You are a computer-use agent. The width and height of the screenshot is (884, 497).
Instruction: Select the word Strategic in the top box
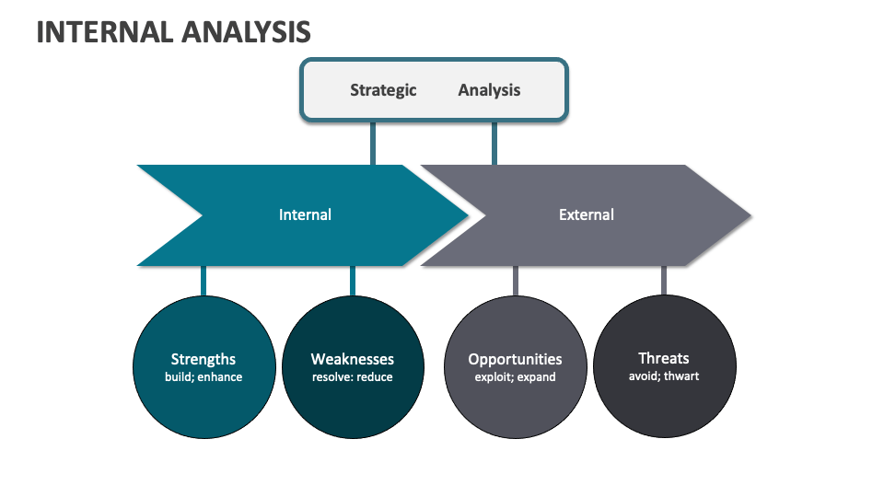[383, 90]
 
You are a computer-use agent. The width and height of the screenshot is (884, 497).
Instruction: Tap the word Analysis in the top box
[489, 90]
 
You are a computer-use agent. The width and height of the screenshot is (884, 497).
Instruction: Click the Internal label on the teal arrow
[305, 214]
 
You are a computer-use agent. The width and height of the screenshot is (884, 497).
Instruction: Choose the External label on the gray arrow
[586, 214]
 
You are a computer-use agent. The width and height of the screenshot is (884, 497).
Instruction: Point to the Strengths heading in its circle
[204, 359]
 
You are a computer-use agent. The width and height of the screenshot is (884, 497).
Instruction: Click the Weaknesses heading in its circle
[352, 359]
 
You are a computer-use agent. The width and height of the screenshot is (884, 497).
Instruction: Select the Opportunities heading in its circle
[515, 359]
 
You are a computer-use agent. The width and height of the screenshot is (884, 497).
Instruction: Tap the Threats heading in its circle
[663, 358]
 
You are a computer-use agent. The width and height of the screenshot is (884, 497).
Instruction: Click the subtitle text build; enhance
[204, 377]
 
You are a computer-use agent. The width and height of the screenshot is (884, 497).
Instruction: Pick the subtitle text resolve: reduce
[352, 377]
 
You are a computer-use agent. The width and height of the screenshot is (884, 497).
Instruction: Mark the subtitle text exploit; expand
[515, 377]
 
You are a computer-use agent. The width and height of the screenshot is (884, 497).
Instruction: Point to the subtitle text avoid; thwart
[663, 376]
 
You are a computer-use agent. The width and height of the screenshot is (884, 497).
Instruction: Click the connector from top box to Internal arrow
[373, 143]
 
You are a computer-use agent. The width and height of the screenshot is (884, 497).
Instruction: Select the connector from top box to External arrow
[494, 143]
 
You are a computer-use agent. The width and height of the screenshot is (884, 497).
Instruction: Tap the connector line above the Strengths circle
[204, 281]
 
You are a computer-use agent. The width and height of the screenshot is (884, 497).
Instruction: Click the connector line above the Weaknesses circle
[352, 281]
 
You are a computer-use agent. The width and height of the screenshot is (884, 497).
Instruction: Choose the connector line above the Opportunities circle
[515, 281]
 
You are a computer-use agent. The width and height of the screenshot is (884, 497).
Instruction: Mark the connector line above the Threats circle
[663, 281]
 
